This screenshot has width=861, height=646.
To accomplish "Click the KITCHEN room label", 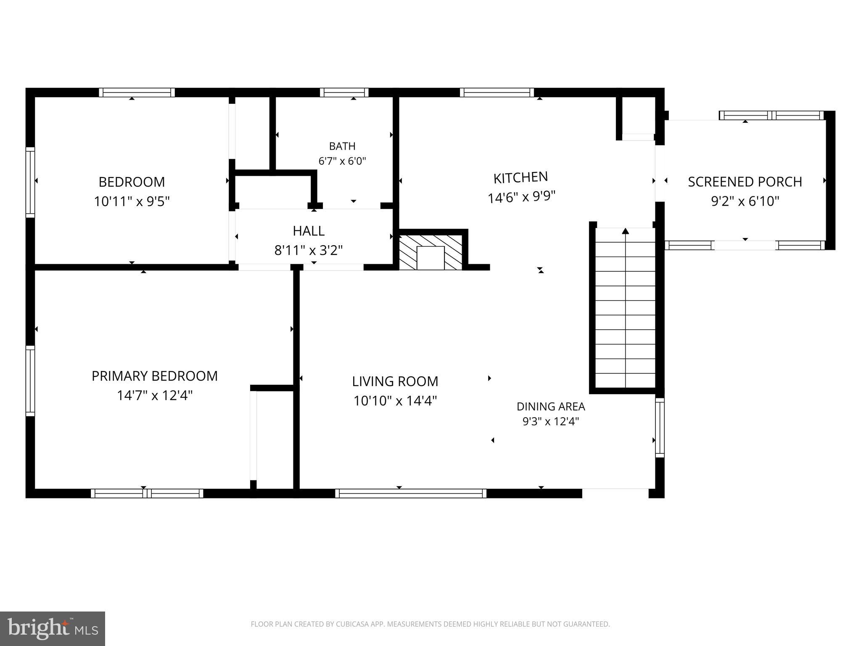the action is click(520, 177).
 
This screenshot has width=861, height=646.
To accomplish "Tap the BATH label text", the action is click(342, 146).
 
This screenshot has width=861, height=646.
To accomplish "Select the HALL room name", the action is click(309, 231).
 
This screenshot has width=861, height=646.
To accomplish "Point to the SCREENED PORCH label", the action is click(745, 182).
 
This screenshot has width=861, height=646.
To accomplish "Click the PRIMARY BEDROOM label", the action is click(155, 376).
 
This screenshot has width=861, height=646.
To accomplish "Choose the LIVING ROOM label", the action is click(395, 381).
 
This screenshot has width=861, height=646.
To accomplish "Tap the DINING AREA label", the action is click(551, 407).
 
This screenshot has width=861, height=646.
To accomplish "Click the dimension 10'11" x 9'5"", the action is click(132, 201).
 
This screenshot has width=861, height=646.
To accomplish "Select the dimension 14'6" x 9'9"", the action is click(522, 197).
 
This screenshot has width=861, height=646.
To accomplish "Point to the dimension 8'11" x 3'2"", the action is click(309, 251).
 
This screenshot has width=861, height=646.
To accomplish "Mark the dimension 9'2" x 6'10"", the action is click(745, 201).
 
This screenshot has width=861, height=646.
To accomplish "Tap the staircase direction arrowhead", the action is click(626, 231).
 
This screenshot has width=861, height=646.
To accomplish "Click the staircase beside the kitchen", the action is click(626, 307).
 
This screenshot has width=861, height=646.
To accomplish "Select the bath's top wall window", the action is click(344, 93).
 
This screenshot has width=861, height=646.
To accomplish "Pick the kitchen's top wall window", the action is click(497, 93).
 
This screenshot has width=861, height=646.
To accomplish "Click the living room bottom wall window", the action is click(411, 493).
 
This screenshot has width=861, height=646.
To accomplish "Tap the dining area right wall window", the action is click(660, 428).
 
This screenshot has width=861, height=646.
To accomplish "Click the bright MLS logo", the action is click(53, 629).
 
